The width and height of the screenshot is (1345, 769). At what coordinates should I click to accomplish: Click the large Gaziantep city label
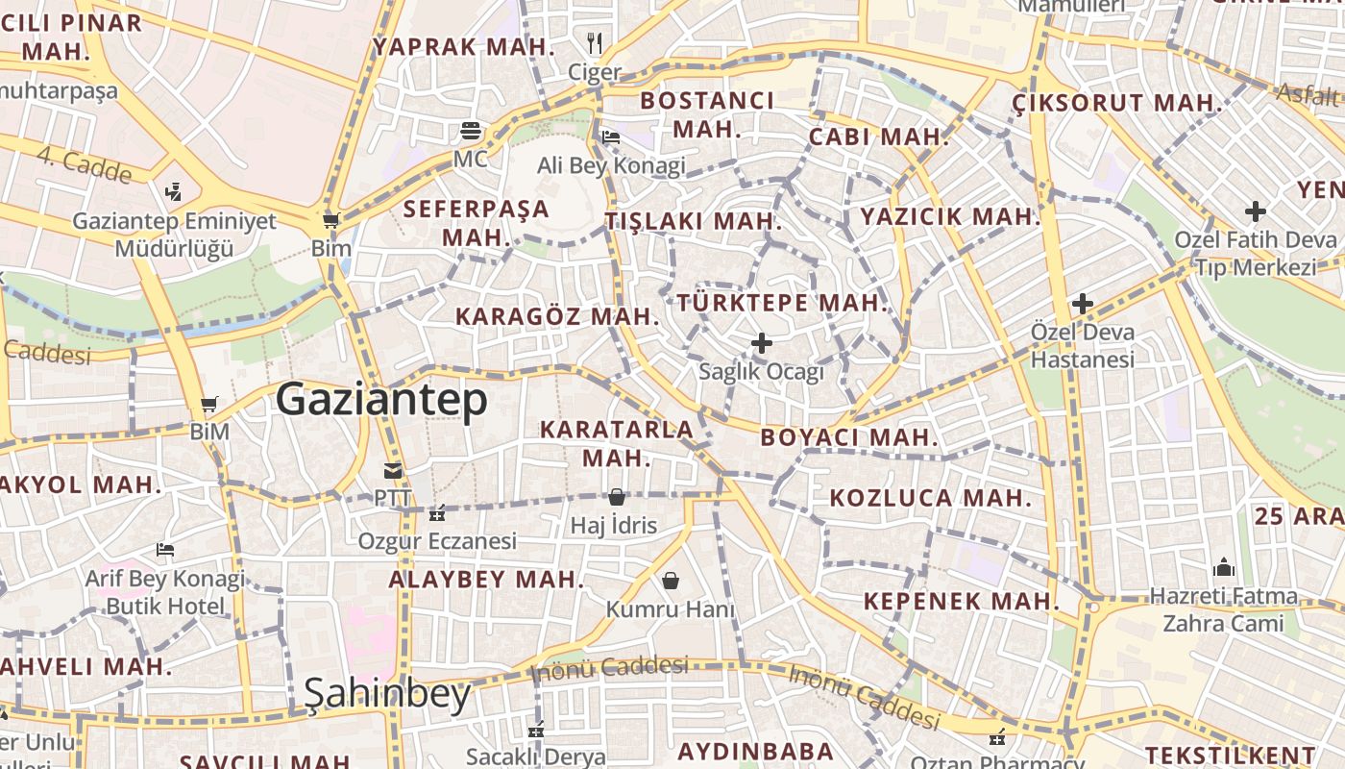tap(381, 400)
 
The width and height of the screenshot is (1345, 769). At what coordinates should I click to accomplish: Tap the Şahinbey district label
tap(387, 694)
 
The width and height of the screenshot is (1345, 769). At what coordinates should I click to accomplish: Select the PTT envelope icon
tap(393, 471)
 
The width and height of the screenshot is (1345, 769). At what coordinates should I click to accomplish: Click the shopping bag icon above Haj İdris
tap(616, 497)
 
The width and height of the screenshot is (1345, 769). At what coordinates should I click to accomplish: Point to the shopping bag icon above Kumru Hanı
tap(670, 581)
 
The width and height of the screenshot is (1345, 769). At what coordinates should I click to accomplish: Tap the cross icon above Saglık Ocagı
tap(762, 343)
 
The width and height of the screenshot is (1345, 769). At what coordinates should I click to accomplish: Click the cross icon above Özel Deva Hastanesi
tap(1083, 304)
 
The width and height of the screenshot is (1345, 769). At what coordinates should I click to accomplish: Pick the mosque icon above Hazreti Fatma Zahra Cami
tap(1223, 566)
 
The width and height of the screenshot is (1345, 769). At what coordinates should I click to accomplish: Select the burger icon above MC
tap(471, 130)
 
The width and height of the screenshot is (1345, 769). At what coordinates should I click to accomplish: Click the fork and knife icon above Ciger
tap(595, 42)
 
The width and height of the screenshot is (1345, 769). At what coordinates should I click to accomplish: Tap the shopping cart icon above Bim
tap(331, 220)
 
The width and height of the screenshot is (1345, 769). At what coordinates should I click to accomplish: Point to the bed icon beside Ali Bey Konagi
tap(610, 137)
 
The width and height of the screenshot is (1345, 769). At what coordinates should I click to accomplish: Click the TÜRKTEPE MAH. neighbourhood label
tap(782, 303)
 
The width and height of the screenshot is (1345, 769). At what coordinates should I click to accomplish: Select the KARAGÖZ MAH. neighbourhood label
tap(557, 316)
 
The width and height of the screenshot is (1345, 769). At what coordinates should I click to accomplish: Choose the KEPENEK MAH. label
tap(961, 602)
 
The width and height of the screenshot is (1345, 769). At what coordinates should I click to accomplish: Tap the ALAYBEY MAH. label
tap(486, 580)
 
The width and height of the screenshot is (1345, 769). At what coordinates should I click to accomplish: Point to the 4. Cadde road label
tap(85, 164)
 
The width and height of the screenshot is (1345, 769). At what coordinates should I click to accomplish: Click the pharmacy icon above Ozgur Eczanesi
tap(437, 513)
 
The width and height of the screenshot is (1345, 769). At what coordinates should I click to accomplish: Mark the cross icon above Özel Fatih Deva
tap(1255, 211)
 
